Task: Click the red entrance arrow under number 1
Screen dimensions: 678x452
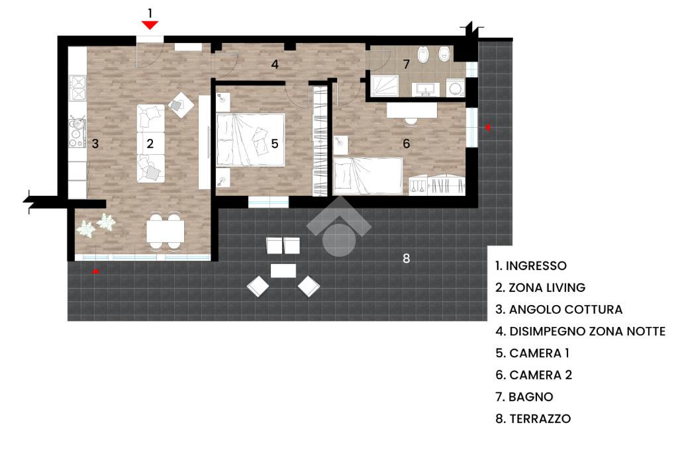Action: click(150, 25)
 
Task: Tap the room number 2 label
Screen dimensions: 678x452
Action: click(150, 142)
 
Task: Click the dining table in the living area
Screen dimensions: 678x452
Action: click(165, 230)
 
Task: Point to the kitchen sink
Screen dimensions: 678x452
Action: click(78, 123)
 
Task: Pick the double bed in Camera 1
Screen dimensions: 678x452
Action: click(251, 139)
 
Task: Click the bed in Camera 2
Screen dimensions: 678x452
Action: click(368, 175)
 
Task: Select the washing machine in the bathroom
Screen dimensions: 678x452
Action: click(455, 87)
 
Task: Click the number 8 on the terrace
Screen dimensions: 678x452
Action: click(407, 259)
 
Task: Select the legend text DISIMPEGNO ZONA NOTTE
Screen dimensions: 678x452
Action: click(580, 331)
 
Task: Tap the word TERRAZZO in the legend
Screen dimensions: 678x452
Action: click(540, 418)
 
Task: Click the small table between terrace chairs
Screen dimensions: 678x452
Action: click(283, 271)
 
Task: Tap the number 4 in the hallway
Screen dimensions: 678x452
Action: click(274, 64)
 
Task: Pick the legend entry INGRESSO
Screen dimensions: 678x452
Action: click(537, 265)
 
